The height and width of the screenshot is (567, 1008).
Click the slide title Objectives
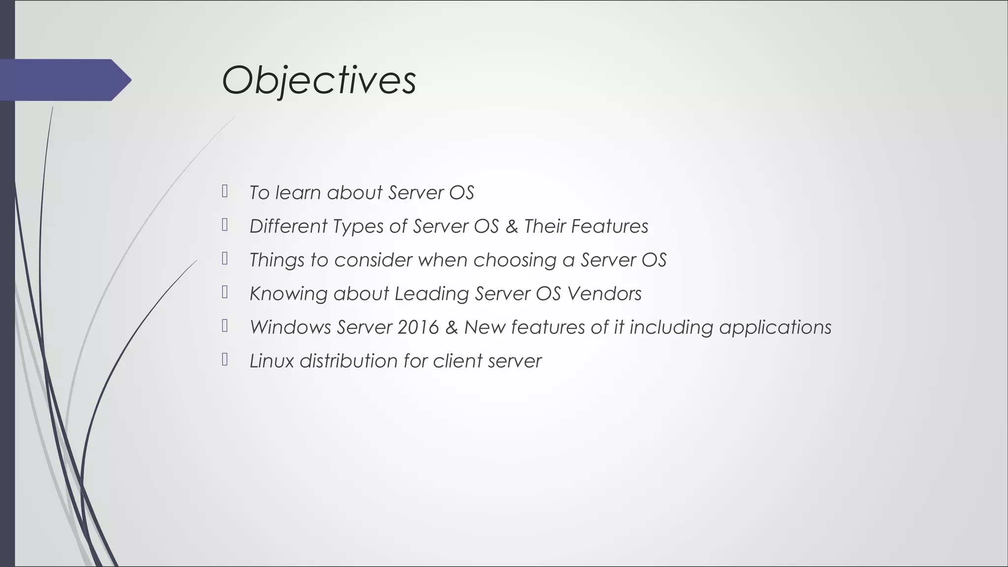(319, 80)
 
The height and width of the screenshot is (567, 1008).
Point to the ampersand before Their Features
(511, 226)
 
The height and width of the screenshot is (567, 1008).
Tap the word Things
(277, 260)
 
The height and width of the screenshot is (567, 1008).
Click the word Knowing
(288, 294)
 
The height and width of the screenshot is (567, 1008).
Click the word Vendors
(604, 294)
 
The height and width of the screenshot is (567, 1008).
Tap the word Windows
(290, 327)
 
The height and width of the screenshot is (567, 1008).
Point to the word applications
(775, 327)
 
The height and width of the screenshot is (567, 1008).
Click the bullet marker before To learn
(225, 191)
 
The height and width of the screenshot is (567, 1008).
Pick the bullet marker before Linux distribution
(225, 360)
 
